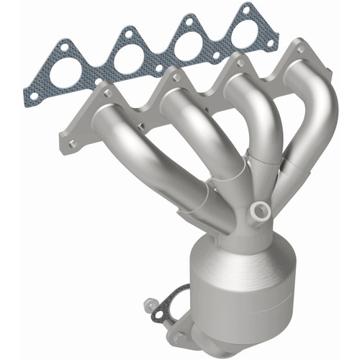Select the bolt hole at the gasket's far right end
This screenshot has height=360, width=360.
[x=271, y=43]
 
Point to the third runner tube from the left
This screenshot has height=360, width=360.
[x=238, y=122]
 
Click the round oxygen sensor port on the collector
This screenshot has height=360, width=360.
[x=259, y=210]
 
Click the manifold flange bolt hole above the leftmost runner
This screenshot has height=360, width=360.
[x=108, y=92]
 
